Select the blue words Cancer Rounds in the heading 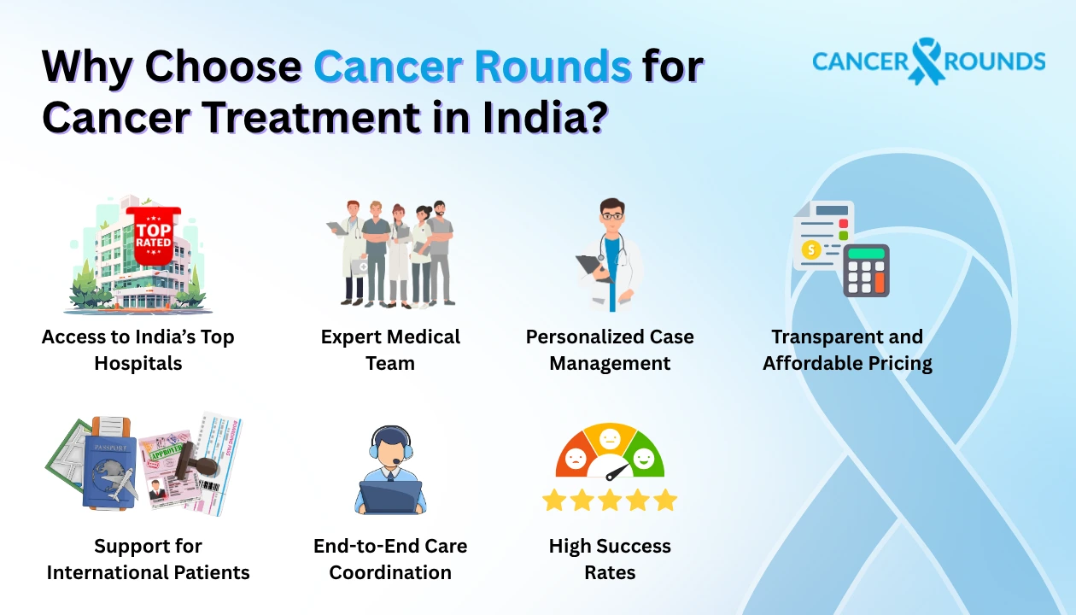472,67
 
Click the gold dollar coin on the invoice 811,249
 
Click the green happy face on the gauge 644,459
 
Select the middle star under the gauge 610,500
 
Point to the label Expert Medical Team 390,350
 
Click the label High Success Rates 610,559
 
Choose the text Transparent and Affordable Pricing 847,350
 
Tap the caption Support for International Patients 148,559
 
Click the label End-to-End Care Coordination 390,559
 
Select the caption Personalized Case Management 610,350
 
